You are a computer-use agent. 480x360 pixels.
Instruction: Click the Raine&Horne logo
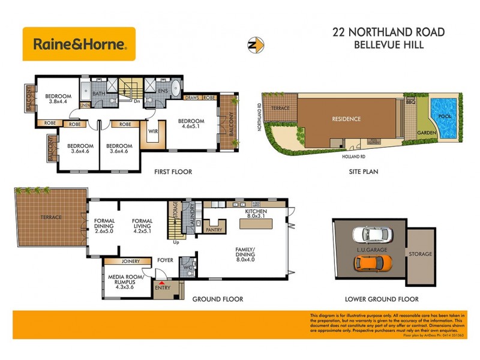point(79,44)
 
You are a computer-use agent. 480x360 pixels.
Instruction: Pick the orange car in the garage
point(373,262)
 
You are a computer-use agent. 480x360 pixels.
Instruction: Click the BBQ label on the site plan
point(411,103)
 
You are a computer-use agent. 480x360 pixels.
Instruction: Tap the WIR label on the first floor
point(152,131)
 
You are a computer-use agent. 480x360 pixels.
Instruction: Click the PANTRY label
point(214,229)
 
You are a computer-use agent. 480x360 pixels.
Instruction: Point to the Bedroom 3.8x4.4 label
point(59,100)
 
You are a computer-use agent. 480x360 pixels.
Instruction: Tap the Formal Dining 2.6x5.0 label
point(104,224)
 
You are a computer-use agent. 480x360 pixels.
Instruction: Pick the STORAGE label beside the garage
point(421,254)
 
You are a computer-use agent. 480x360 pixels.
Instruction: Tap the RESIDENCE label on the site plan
point(346,119)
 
